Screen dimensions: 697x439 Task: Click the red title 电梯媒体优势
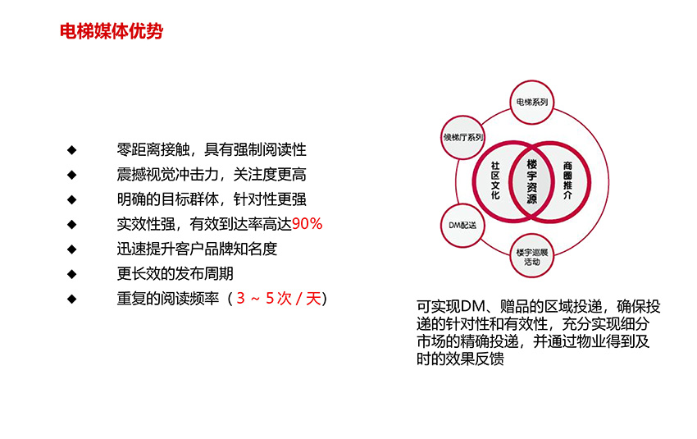(x=112, y=31)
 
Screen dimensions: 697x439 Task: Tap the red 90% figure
(x=307, y=224)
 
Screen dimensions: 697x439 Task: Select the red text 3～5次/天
(x=279, y=298)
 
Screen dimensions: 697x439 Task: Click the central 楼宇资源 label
(x=531, y=181)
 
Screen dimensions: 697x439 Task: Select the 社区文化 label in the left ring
(x=495, y=181)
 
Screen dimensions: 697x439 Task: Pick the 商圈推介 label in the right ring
(x=567, y=181)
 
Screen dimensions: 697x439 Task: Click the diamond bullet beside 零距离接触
(x=72, y=150)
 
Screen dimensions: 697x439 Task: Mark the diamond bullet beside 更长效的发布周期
(x=72, y=274)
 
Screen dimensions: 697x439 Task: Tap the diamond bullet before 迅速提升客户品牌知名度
(x=72, y=249)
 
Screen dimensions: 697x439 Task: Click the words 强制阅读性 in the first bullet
(x=270, y=149)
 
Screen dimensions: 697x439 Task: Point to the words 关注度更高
(x=270, y=174)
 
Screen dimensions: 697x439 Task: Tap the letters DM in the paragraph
(x=472, y=306)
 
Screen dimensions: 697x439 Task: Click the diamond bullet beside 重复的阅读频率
(x=72, y=299)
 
